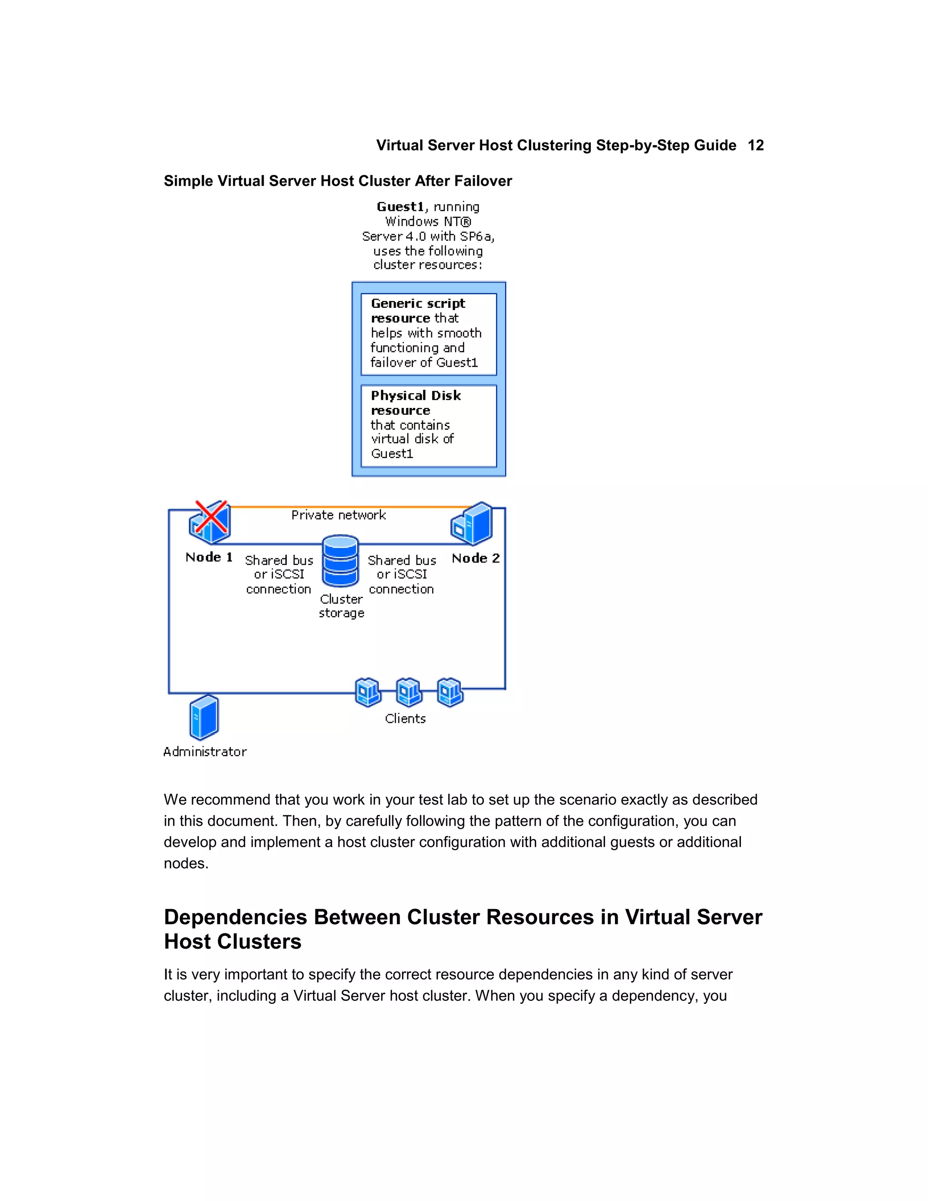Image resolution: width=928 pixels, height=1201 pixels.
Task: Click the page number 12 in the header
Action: click(755, 145)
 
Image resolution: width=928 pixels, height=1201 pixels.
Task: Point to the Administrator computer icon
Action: click(204, 717)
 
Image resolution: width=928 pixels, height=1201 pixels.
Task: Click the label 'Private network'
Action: click(338, 515)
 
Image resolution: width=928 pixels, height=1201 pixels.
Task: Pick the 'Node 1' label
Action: click(209, 557)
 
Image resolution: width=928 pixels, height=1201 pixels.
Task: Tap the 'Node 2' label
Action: click(475, 558)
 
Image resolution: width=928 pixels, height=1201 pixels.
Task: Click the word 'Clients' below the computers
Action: click(405, 719)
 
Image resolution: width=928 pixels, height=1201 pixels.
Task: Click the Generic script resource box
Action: click(428, 334)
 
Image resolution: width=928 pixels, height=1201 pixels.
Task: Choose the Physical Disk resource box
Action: click(428, 425)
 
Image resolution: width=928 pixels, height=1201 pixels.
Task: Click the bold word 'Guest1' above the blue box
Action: click(400, 207)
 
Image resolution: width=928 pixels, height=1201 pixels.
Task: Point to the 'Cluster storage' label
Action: click(341, 606)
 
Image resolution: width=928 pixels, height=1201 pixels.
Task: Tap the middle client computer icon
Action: click(409, 692)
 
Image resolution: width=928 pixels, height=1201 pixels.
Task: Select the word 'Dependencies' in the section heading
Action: click(235, 917)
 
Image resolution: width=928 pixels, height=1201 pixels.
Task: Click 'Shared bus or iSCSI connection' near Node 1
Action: click(279, 574)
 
